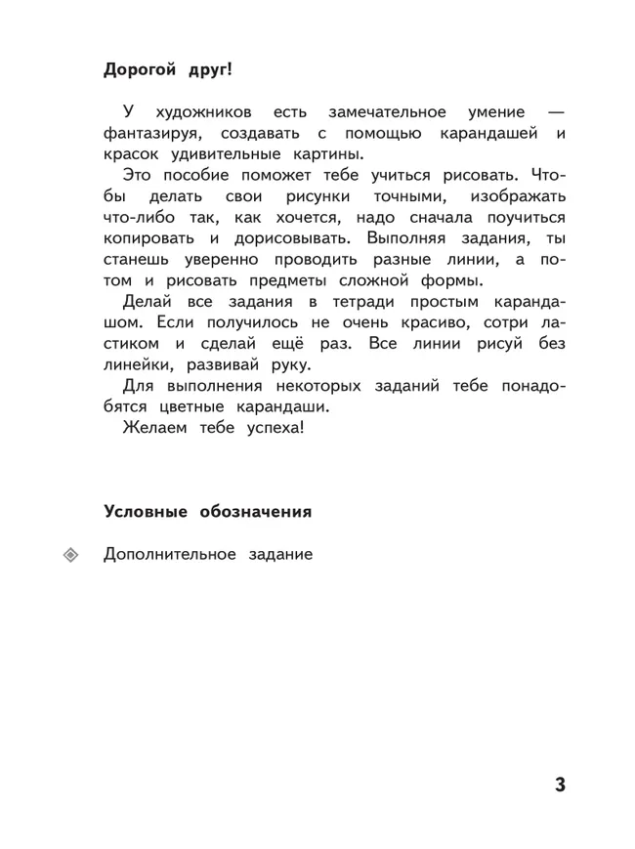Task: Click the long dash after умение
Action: click(554, 113)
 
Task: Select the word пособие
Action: click(204, 175)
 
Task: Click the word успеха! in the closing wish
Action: click(273, 427)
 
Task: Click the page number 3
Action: click(559, 785)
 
